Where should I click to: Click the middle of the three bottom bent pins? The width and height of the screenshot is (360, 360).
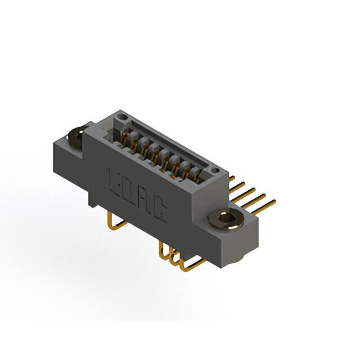tap(173, 258)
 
